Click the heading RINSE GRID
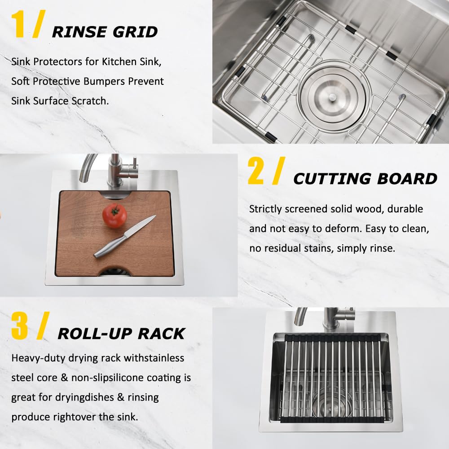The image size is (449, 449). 105,32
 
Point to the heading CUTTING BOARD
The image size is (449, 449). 365,179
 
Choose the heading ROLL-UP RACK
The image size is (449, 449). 121,334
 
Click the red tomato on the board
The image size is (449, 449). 114,216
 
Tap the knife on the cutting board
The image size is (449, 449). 124,237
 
